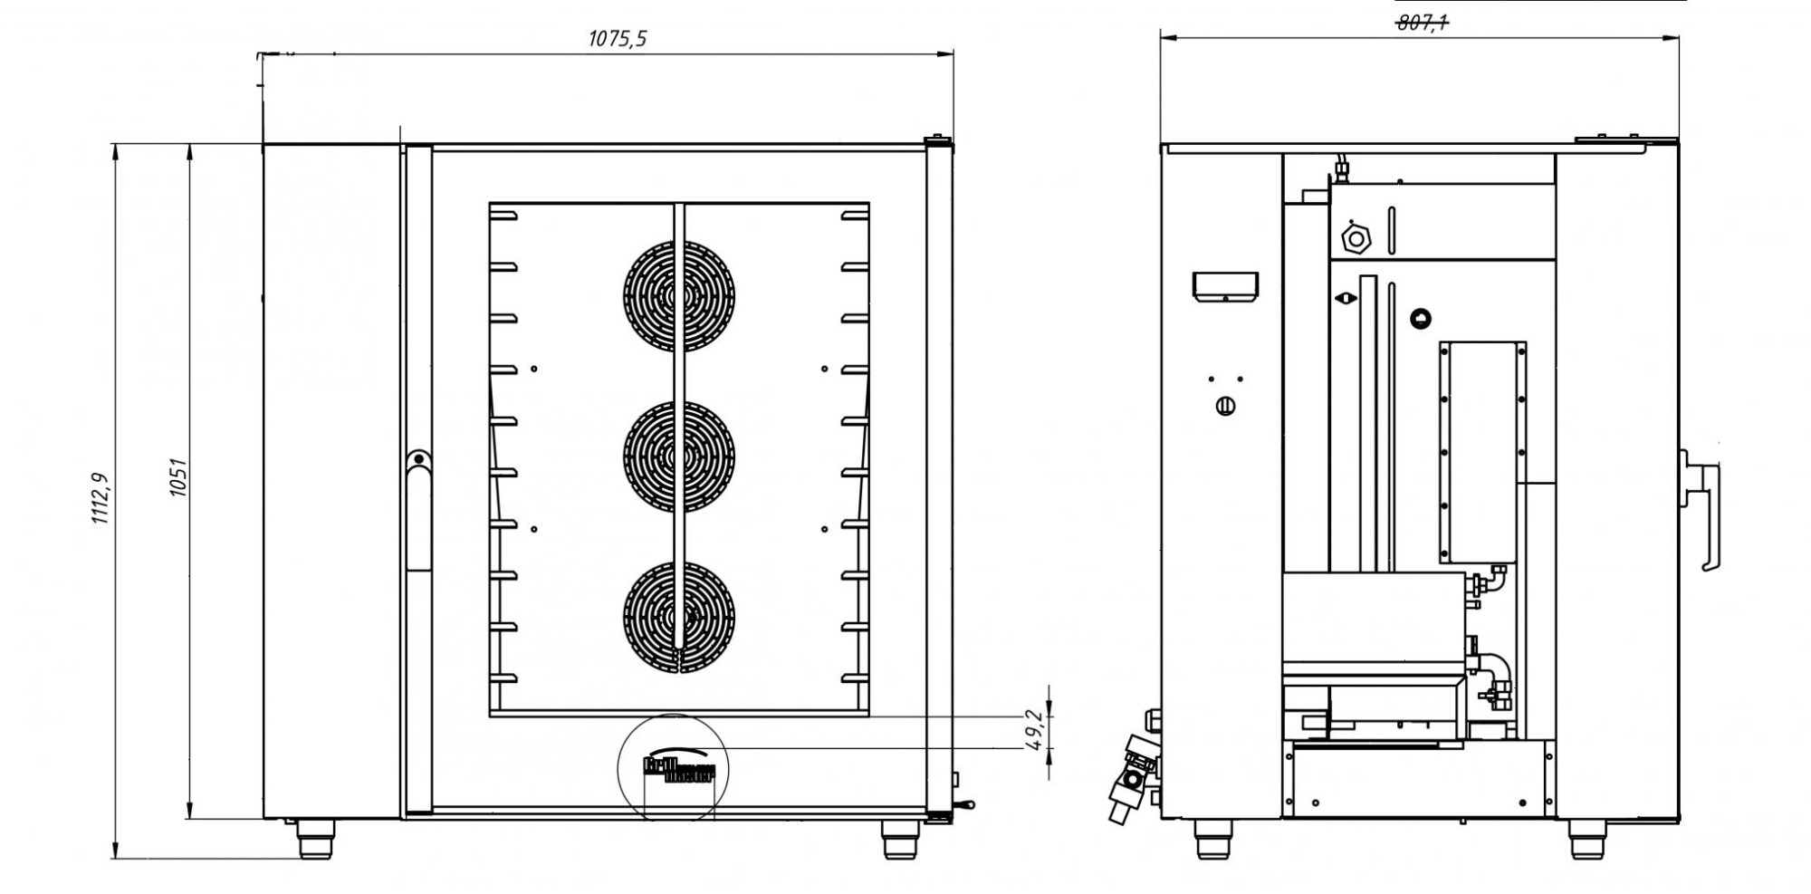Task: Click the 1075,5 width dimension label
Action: coord(618,39)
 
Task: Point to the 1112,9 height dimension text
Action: coord(100,498)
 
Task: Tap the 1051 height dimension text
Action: coord(178,477)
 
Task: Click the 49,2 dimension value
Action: coord(1035,730)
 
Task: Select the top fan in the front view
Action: coord(679,296)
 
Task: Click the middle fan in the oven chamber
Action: coord(679,457)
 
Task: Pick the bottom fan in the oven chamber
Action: coord(679,618)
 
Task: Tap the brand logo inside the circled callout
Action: coord(678,769)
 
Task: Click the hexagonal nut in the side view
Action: coord(1356,239)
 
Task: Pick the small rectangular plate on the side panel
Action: coord(1225,286)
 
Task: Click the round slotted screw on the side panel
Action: coord(1225,407)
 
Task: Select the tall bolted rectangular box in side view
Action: coord(1482,452)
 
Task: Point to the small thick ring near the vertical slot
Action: coord(1421,318)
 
